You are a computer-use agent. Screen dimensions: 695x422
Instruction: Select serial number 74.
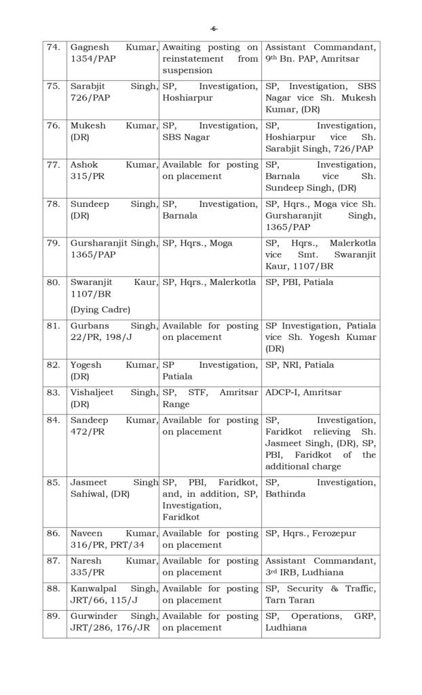click(x=52, y=48)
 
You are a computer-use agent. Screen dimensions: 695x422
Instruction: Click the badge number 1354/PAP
click(x=90, y=59)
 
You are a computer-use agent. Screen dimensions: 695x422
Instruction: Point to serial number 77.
click(x=53, y=165)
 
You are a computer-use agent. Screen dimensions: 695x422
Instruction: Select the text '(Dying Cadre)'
click(x=99, y=309)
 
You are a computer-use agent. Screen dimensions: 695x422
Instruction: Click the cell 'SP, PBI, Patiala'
click(x=300, y=282)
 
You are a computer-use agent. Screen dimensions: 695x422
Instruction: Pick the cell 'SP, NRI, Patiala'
click(x=299, y=364)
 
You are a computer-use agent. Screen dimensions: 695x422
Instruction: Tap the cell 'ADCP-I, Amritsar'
click(x=303, y=392)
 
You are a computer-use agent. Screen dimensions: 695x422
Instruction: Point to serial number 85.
click(x=53, y=483)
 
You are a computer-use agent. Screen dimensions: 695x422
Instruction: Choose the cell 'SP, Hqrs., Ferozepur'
click(x=310, y=533)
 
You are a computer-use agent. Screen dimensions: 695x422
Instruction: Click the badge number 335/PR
click(x=87, y=572)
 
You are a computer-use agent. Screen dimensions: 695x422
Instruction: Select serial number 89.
click(x=53, y=616)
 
